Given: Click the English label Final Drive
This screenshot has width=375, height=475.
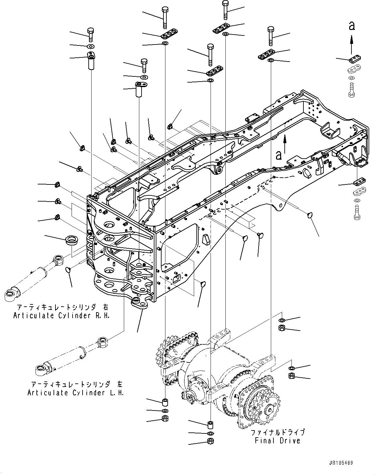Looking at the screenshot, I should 277,440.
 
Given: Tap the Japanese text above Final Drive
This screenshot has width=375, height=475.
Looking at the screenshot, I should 277,432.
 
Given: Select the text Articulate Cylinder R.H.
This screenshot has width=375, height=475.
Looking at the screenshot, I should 61,316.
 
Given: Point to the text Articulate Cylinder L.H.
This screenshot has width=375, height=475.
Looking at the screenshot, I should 75,393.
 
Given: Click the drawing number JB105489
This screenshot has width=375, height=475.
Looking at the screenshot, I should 341,463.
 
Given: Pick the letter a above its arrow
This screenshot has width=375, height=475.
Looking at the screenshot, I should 352,26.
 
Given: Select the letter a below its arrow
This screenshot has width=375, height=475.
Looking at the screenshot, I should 279,155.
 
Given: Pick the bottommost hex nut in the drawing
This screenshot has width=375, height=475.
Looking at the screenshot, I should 211,441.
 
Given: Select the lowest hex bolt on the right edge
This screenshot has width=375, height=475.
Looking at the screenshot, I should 357,213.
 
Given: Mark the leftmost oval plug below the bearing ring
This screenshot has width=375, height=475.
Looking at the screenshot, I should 68,270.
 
